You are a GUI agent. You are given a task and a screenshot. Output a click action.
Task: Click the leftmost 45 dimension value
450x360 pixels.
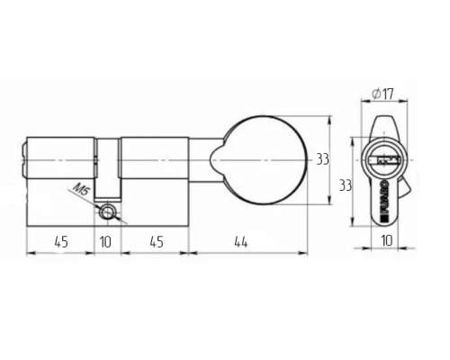click(61, 242)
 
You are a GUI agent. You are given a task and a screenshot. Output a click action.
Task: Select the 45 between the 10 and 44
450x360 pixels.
click(156, 242)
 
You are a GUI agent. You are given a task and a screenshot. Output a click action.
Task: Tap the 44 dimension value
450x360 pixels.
click(241, 242)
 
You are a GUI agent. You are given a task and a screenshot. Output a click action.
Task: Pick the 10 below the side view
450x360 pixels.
click(105, 242)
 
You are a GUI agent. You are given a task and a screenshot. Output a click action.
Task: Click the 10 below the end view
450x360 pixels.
click(386, 240)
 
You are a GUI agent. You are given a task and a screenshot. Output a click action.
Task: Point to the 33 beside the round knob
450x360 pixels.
click(323, 159)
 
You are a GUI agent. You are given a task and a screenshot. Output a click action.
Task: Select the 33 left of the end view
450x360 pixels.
click(346, 185)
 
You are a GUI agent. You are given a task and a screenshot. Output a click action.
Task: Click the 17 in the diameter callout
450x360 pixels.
click(388, 94)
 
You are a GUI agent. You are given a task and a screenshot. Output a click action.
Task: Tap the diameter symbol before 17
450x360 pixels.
click(376, 94)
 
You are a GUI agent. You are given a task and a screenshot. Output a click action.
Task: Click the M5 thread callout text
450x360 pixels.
click(81, 189)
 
